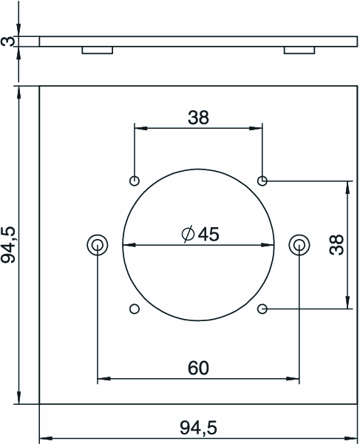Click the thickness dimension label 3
click(7, 41)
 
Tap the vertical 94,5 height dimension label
click(8, 245)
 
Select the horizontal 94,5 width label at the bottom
click(199, 428)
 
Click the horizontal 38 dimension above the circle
click(198, 118)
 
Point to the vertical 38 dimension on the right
click(336, 245)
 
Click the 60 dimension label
click(198, 368)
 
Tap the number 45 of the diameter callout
click(208, 235)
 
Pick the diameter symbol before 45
click(188, 234)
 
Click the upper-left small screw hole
click(135, 181)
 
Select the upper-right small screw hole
click(262, 181)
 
